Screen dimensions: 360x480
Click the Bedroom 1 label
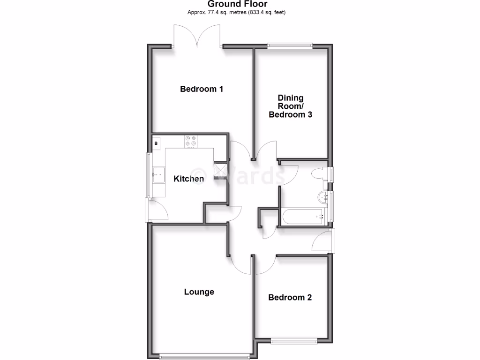coord(202,89)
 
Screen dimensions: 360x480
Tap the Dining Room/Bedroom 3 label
coord(290,106)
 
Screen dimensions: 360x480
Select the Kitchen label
coord(189,179)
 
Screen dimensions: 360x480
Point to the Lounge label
coord(199,292)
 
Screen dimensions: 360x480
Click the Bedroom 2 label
coord(290,297)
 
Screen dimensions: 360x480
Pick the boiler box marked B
coord(156,142)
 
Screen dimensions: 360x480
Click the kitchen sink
coord(157,175)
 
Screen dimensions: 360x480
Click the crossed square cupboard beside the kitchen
coord(220,169)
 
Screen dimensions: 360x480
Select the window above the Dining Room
coord(290,45)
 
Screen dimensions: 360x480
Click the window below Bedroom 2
coord(294,340)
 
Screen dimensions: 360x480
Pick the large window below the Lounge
coord(205,356)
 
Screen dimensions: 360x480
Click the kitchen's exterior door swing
coord(157,210)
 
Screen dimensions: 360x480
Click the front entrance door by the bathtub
coord(323,241)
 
